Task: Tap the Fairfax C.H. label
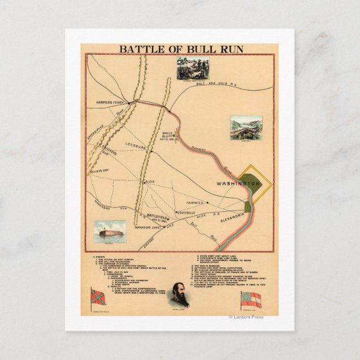click(x=198, y=203)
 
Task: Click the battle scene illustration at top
click(x=190, y=69)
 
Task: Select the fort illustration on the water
click(x=110, y=231)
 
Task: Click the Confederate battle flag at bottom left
click(x=98, y=297)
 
